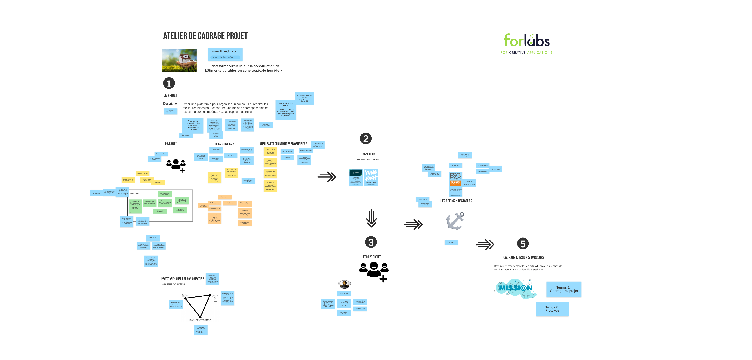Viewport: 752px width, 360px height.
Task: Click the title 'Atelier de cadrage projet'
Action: pyautogui.click(x=205, y=36)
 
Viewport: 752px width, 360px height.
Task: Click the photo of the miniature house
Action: pyautogui.click(x=179, y=60)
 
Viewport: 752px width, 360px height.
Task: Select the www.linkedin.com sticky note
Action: pyautogui.click(x=225, y=54)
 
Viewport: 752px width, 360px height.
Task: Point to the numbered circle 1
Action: pyautogui.click(x=169, y=83)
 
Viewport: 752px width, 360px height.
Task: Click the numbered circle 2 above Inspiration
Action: pyautogui.click(x=366, y=138)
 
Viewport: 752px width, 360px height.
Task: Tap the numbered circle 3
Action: pyautogui.click(x=371, y=242)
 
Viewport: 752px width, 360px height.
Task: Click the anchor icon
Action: pyautogui.click(x=455, y=221)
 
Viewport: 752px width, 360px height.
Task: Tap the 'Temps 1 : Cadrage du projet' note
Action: pyautogui.click(x=564, y=289)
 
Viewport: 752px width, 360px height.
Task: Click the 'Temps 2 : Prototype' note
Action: pyautogui.click(x=552, y=309)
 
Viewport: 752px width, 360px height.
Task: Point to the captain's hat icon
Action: pyautogui.click(x=344, y=284)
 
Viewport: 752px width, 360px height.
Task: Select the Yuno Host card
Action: pyautogui.click(x=371, y=177)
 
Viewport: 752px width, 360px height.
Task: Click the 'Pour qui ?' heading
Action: pyautogui.click(x=171, y=144)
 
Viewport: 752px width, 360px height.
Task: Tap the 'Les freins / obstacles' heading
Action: pyautogui.click(x=456, y=201)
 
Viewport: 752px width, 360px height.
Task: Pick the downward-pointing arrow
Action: pyautogui.click(x=371, y=218)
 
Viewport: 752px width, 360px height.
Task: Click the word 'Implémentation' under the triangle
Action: pyautogui.click(x=200, y=320)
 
